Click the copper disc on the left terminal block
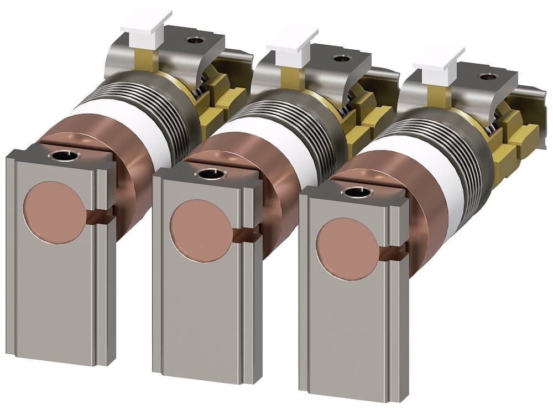54,213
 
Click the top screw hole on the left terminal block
65,156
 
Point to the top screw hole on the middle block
210,174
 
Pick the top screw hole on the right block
356,193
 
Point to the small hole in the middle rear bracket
341,58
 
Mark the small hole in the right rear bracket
487,76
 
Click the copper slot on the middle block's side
247,235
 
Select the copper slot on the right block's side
393,253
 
